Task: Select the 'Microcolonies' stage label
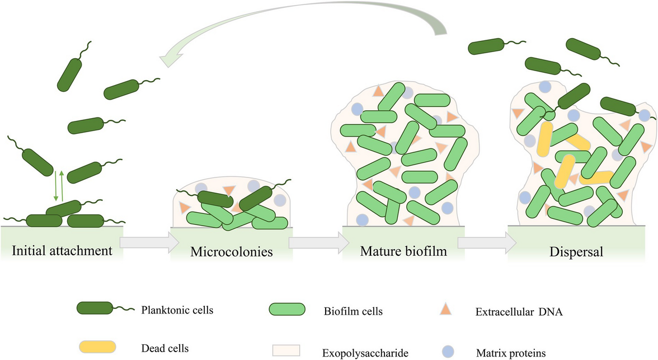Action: click(x=232, y=251)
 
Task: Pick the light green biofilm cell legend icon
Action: click(x=287, y=310)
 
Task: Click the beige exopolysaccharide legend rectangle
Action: click(x=286, y=349)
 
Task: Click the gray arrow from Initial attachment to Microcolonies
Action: click(x=149, y=242)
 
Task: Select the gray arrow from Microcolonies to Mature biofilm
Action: click(x=316, y=242)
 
